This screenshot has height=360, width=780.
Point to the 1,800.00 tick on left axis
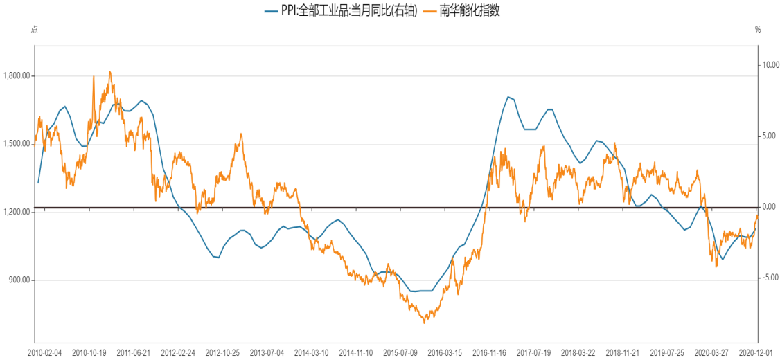coord(17,76)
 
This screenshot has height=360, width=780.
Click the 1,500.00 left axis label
coord(17,144)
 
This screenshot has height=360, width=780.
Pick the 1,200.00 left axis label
coord(17,212)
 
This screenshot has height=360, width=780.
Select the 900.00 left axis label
coord(19,280)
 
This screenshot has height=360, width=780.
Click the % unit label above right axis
coord(758,30)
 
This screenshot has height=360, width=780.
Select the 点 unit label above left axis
coord(35,30)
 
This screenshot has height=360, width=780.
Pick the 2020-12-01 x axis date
coord(758,352)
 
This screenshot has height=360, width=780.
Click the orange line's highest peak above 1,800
coord(109,71)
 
